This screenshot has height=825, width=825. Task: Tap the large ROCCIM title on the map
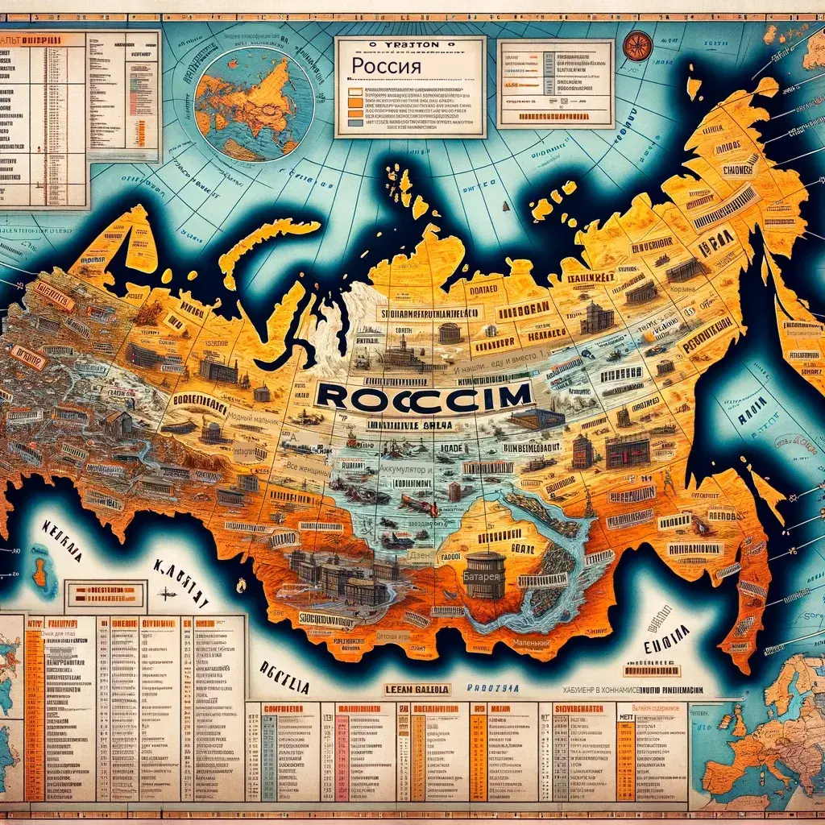(425, 394)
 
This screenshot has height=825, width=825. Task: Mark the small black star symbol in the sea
(168, 594)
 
